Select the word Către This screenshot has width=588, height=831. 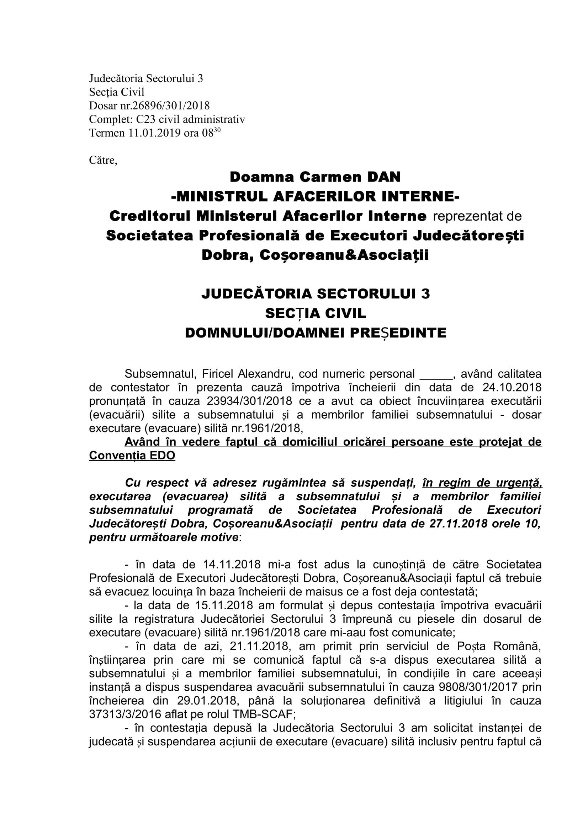(103, 160)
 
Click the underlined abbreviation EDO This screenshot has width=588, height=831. (163, 455)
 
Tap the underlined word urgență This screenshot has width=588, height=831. (517, 483)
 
